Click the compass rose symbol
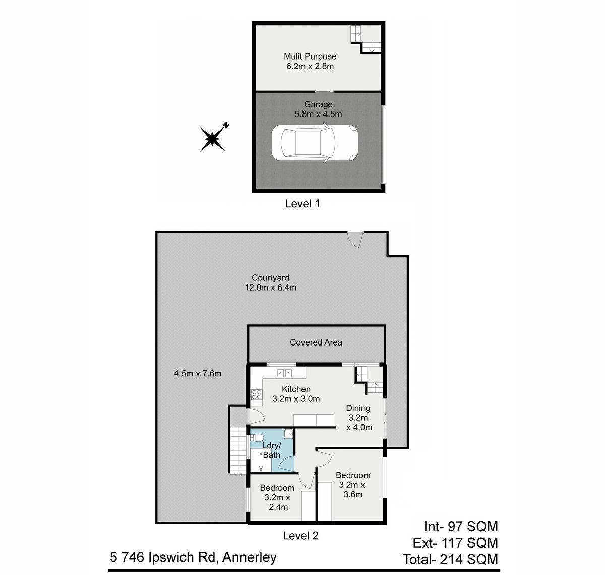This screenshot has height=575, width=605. tap(212, 139)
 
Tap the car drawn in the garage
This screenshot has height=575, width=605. tap(315, 143)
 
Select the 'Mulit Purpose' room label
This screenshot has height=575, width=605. tap(310, 56)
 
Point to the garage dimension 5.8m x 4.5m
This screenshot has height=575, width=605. tap(318, 114)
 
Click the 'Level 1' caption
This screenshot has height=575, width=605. tap(302, 204)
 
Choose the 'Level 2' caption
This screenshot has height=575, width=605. tap(300, 536)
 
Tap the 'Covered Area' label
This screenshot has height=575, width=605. tap(316, 342)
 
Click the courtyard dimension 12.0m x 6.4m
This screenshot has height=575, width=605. tap(271, 287)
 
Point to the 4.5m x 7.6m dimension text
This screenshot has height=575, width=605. tap(198, 374)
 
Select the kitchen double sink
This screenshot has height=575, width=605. tap(284, 373)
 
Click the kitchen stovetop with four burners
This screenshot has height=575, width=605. tap(257, 394)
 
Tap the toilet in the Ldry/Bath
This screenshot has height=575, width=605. tap(256, 438)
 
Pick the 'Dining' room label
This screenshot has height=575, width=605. tap(358, 408)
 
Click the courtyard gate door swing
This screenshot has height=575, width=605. tap(355, 239)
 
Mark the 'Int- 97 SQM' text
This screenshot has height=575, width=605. tap(461, 527)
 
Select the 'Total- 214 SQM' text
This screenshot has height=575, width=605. tap(450, 559)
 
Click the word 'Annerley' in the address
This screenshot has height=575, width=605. tap(250, 557)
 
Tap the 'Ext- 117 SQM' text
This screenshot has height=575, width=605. tap(455, 543)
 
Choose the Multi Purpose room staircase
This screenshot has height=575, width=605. tap(366, 39)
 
